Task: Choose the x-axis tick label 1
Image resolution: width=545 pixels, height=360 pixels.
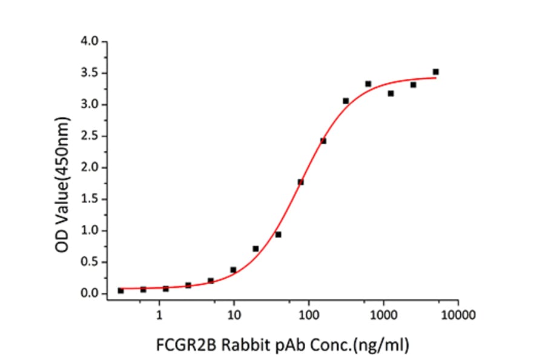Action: click(159, 315)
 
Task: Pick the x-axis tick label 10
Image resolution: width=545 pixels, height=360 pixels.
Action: click(234, 315)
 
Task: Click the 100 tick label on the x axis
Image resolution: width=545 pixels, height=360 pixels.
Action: click(308, 315)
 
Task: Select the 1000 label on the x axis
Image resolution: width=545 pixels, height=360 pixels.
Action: click(383, 315)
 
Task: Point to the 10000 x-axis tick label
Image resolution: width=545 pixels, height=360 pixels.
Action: click(458, 315)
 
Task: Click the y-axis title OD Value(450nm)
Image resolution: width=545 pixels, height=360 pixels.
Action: click(62, 167)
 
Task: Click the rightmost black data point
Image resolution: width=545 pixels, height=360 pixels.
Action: click(435, 72)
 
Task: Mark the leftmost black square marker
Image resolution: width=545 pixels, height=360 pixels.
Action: click(121, 291)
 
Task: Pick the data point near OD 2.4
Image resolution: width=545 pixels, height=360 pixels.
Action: click(323, 141)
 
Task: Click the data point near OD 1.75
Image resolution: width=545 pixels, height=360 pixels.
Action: click(300, 182)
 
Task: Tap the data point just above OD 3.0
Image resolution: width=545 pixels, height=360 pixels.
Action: click(346, 101)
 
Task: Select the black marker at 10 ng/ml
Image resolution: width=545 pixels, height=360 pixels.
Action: click(233, 270)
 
